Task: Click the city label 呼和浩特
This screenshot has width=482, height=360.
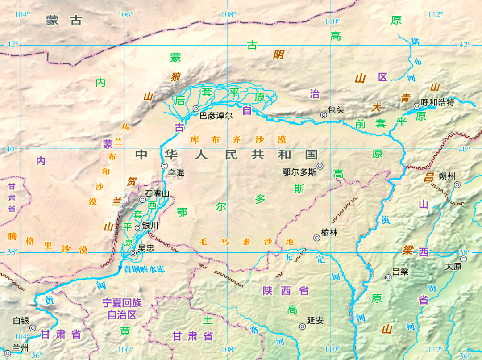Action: (x=437, y=102)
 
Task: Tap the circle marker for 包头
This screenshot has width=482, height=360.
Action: (x=324, y=115)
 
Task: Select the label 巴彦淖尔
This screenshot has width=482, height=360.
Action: (x=216, y=116)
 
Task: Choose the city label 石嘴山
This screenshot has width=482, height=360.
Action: (x=157, y=193)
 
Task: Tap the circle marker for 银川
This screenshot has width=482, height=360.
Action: (x=138, y=228)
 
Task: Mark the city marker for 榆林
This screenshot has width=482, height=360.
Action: (x=317, y=238)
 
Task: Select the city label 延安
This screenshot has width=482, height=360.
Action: (x=316, y=320)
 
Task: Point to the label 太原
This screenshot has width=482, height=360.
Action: (x=453, y=266)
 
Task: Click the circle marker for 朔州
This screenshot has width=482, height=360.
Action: (x=457, y=184)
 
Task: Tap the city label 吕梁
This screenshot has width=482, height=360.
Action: (x=400, y=272)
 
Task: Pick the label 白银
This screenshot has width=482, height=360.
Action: (x=21, y=320)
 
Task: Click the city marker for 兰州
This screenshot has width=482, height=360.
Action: (x=8, y=353)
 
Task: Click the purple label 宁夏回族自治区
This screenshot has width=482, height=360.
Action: (x=122, y=309)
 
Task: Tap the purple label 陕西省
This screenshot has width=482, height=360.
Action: (x=286, y=291)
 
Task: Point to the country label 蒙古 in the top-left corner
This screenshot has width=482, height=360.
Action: (x=65, y=20)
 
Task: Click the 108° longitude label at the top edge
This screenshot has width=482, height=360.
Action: (x=229, y=14)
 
